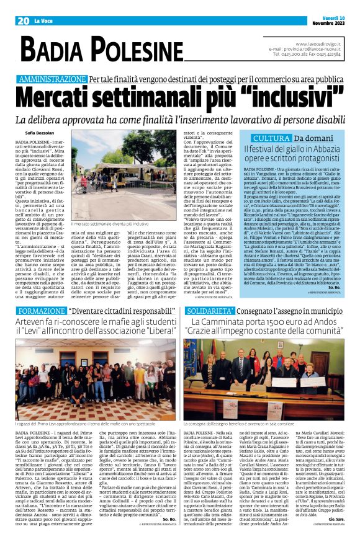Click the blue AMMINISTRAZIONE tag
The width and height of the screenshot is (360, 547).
click(52, 80)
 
